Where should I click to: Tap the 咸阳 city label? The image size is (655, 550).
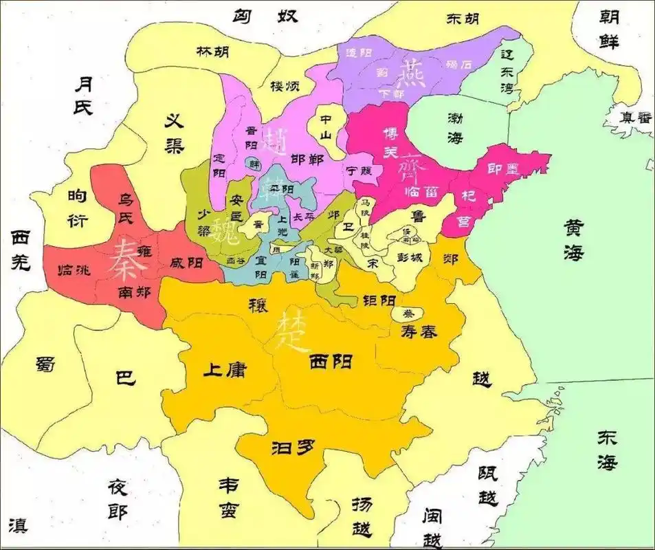click(x=186, y=262)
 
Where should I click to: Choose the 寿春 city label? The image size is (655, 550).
click(x=419, y=332)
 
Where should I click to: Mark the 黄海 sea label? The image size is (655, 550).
click(x=574, y=239)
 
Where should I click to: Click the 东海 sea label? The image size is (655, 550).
click(x=607, y=450)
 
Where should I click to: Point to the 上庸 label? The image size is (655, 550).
click(x=223, y=369)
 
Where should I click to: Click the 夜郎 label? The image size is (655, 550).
click(x=118, y=498)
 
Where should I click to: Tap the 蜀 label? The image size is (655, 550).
click(x=45, y=365)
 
